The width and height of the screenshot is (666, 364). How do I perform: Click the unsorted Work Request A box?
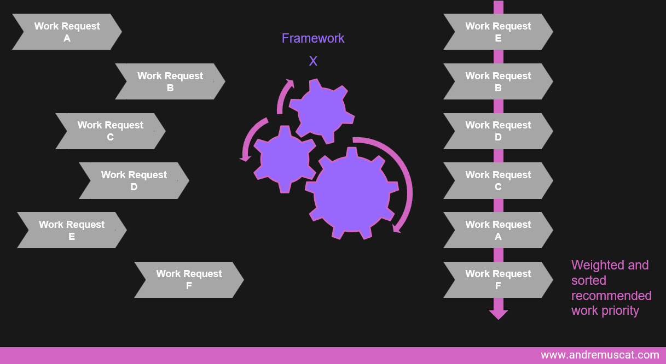point(67,32)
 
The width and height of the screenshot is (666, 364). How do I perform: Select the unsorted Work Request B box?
point(170,81)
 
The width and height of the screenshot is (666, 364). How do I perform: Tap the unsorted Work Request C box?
point(110,131)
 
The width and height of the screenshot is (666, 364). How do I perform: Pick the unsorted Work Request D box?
point(134,180)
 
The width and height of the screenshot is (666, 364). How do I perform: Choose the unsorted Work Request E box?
point(72,230)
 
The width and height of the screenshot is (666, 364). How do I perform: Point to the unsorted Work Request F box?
point(189,280)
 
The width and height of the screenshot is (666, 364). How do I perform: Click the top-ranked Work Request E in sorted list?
point(498,32)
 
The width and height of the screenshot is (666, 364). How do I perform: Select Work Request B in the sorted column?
point(498,81)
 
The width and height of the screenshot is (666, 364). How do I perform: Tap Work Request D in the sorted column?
point(498,131)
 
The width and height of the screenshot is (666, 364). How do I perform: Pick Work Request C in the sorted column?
point(498,180)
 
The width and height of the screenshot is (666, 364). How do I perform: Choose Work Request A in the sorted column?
point(498,230)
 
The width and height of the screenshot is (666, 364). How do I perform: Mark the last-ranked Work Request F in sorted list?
point(498,280)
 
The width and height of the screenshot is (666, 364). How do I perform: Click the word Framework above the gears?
point(313,38)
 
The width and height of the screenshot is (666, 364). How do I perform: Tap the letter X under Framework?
point(313,61)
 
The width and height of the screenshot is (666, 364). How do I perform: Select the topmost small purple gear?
point(321,110)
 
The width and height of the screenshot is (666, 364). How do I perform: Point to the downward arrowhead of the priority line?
point(498,314)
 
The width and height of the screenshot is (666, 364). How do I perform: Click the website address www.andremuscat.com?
point(600,355)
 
